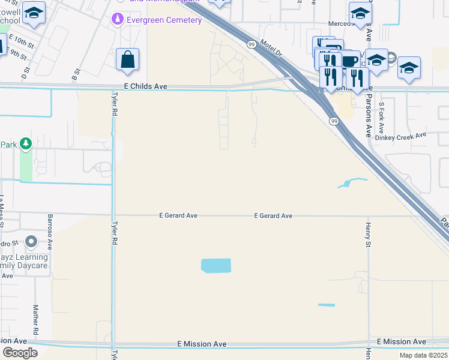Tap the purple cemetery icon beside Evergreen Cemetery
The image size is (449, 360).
click(118, 20)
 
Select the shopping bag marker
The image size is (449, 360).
click(127, 60)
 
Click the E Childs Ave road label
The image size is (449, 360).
click(145, 86)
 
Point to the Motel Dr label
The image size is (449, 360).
click(272, 49)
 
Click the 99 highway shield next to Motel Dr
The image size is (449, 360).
click(252, 44)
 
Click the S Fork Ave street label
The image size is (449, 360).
click(382, 117)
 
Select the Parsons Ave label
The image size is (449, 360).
click(369, 114)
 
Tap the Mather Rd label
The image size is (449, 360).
click(36, 319)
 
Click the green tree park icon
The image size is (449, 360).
click(25, 144)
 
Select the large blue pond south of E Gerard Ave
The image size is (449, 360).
click(215, 265)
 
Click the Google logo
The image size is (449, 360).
click(20, 353)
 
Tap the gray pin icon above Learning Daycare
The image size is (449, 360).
click(32, 243)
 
